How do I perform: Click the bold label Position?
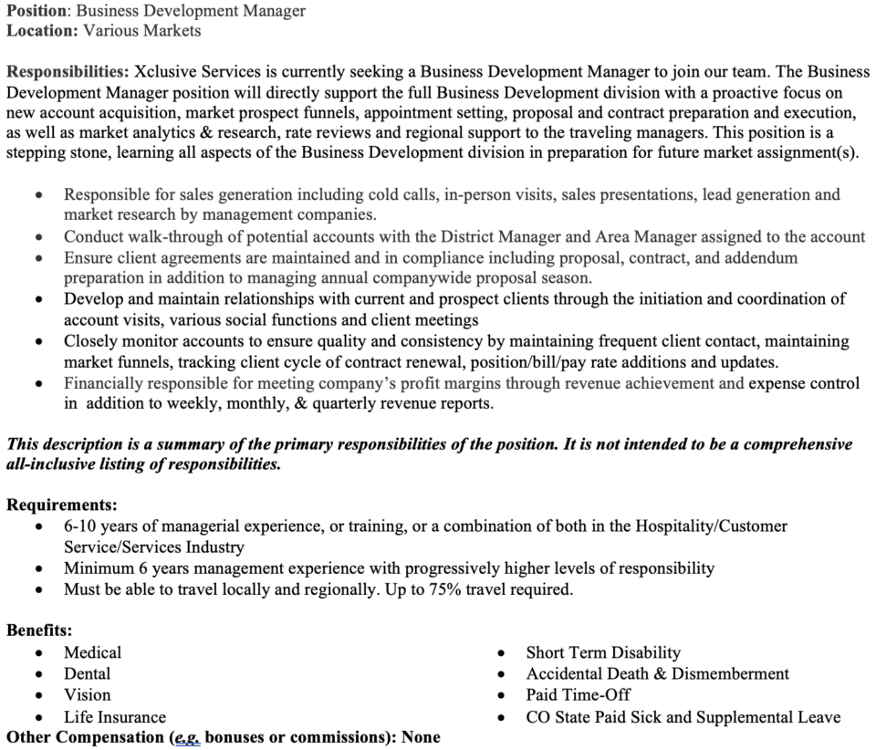point(36,11)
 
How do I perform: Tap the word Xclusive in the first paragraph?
point(168,72)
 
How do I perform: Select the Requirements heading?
point(62,504)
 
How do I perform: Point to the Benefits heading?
point(39,630)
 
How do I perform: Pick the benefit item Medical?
point(92,652)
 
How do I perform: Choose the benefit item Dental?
point(87,674)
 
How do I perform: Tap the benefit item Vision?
point(87,695)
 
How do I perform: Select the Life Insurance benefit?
point(115,717)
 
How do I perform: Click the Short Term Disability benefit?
point(603,652)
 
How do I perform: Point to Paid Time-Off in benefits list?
point(578,695)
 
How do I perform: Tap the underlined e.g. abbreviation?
point(186,737)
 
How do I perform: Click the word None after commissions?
point(421,737)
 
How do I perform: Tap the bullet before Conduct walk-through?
point(37,238)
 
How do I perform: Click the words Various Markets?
point(142,30)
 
